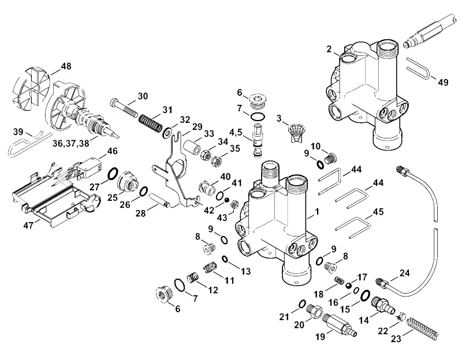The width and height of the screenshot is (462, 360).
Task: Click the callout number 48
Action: click(x=66, y=66)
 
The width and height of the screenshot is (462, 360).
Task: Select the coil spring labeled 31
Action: click(x=151, y=123)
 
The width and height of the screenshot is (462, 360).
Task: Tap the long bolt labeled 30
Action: click(x=124, y=108)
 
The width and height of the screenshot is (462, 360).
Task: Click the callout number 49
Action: click(x=443, y=82)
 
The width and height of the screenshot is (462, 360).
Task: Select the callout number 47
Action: click(x=28, y=226)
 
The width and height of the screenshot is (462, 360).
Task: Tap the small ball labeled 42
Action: click(x=226, y=200)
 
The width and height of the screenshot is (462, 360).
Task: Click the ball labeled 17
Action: click(x=349, y=285)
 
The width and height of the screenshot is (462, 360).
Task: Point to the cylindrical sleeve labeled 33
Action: click(x=193, y=147)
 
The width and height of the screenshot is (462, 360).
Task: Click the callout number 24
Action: click(x=405, y=273)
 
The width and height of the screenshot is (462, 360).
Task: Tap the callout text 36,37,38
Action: click(x=71, y=143)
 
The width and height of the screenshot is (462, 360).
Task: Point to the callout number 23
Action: click(x=396, y=339)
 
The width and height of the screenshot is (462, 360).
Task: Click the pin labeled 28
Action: click(x=160, y=200)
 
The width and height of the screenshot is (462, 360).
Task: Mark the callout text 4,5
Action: click(x=236, y=133)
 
